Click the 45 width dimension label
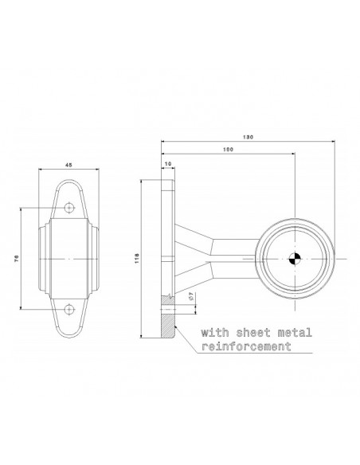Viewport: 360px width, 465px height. pyautogui.click(x=69, y=166)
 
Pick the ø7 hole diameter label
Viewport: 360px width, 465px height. pyautogui.click(x=191, y=296)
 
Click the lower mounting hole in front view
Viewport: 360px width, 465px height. pyautogui.click(x=70, y=307)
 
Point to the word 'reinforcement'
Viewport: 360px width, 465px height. pyautogui.click(x=246, y=347)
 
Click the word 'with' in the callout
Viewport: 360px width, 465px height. pyautogui.click(x=213, y=332)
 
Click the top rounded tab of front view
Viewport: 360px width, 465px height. pyautogui.click(x=70, y=192)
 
